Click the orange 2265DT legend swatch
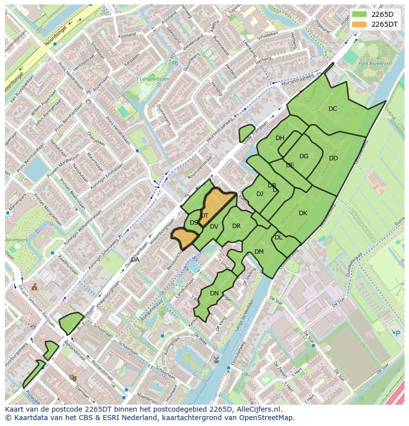pos(360,24)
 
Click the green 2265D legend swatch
pos(360,14)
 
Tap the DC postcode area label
pos(333,109)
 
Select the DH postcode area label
pos(280,138)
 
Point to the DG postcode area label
pos(304,156)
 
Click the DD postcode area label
pos(333,158)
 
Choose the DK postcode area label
pos(303,213)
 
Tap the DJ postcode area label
pos(260,194)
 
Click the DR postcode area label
pos(236,226)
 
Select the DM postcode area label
pos(259,252)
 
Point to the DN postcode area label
pos(214,293)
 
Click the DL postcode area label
pos(279,237)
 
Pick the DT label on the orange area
pos(204,216)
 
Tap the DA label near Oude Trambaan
pos(135,260)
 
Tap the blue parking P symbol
pos(398,333)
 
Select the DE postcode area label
pos(290,165)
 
